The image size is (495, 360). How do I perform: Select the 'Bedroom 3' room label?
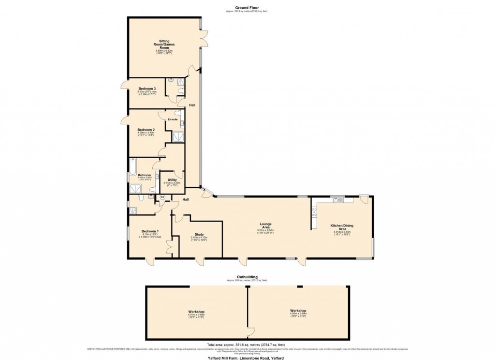pos(147,89)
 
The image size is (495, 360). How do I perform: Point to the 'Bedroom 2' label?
pos(146,130)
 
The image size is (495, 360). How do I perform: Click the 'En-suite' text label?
pos(173,119)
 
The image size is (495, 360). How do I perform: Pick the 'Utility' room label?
pos(172,180)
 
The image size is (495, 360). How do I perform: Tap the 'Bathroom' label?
pos(145,175)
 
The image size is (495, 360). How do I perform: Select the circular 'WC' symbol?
pos(162,197)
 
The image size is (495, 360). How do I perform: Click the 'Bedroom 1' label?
pos(150,231)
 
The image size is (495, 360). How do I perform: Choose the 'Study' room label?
pos(199,234)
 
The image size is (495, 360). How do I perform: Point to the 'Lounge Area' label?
pos(265,225)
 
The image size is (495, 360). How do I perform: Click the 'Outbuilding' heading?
pos(247,277)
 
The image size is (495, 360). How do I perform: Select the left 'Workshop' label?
pos(196,311)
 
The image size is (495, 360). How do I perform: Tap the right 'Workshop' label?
pos(298,311)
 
